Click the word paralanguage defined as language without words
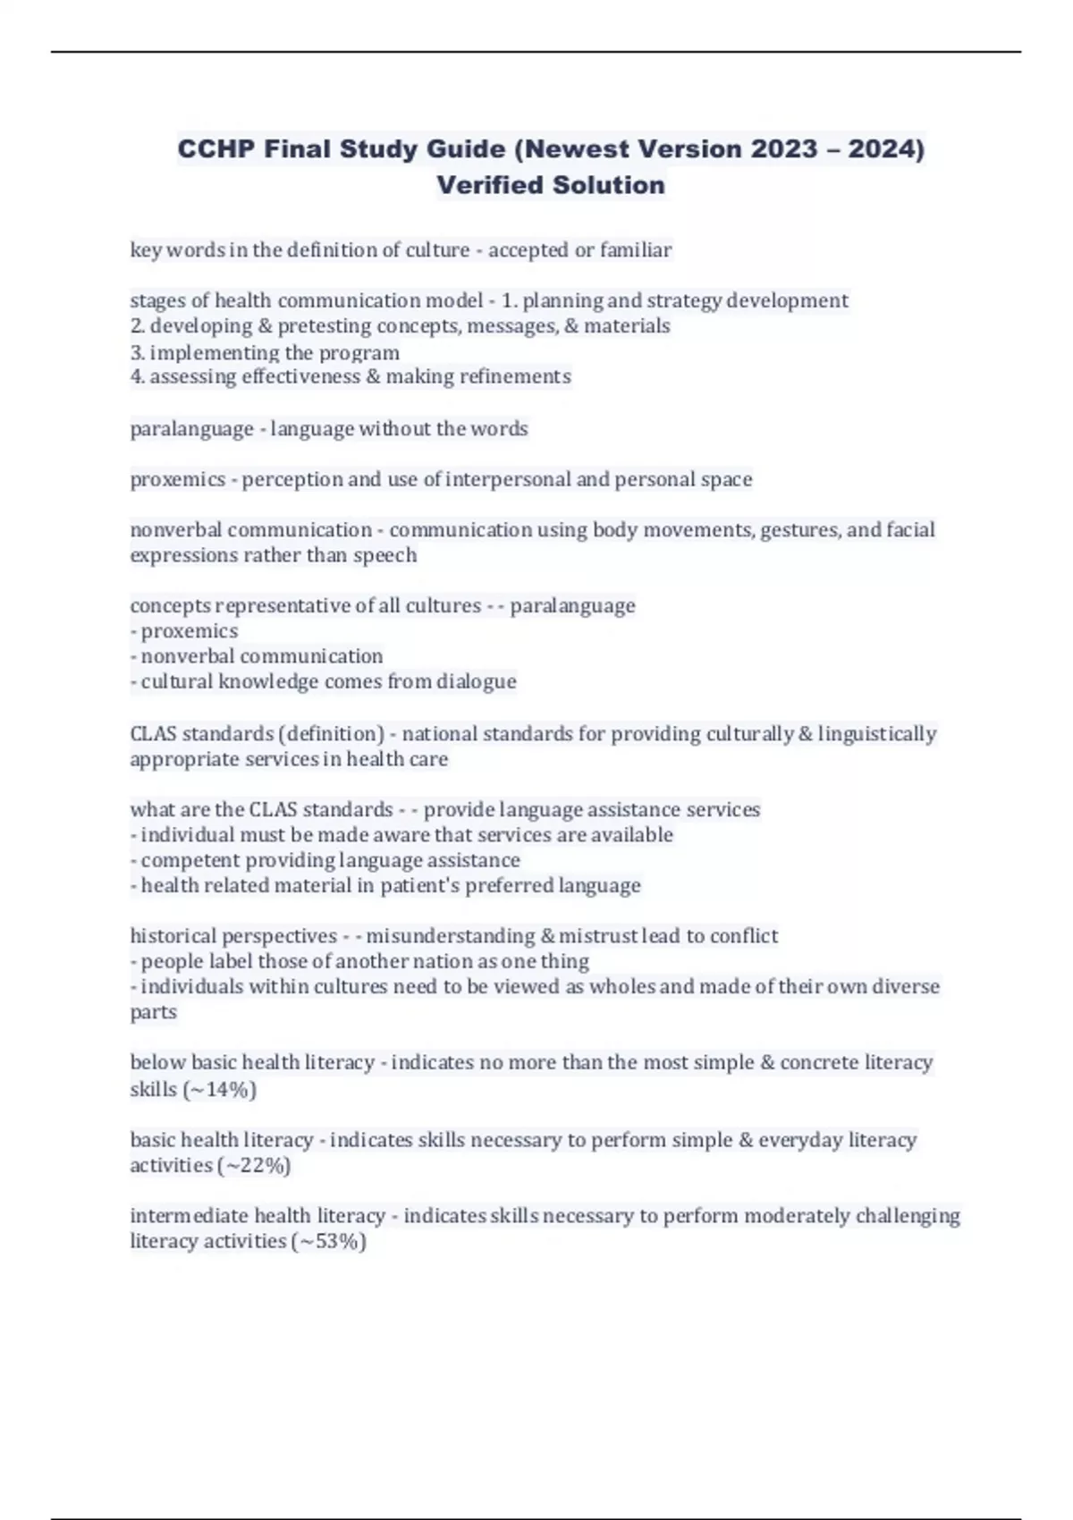click(191, 429)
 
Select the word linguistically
click(877, 734)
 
